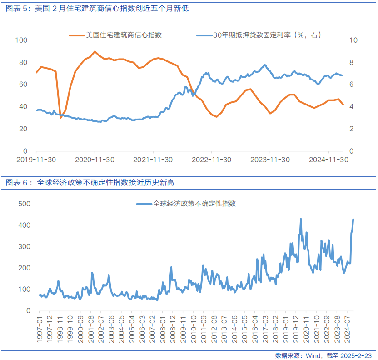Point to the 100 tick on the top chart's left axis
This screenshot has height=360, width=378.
21,40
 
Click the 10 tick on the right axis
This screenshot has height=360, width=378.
353,40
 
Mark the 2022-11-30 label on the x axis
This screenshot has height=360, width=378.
211,160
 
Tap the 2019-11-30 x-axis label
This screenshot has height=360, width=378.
36,160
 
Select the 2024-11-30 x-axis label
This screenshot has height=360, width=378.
328,160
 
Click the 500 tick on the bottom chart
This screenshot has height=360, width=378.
24,204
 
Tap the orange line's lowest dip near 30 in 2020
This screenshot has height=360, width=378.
60,118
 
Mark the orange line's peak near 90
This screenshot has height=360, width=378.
94,51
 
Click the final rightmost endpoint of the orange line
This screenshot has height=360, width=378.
343,105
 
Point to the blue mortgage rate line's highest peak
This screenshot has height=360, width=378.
265,65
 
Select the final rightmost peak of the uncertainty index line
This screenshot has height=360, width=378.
353,219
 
